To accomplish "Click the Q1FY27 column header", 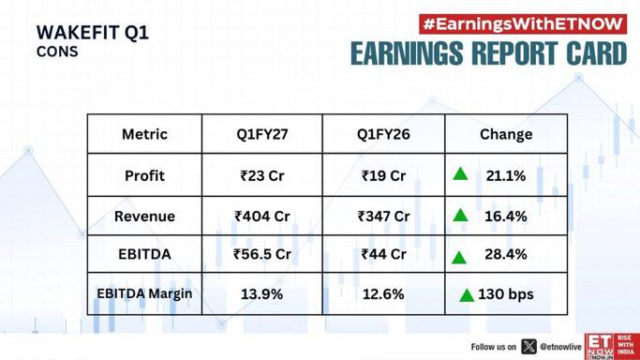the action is pos(262,134).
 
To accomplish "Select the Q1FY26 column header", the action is pos(383,134).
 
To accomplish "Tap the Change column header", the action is pos(506,134).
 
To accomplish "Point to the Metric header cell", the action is pos(144,134).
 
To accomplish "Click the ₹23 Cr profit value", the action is pos(262,176).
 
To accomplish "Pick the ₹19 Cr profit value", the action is pos(383,176).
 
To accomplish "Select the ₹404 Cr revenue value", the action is pos(262,217).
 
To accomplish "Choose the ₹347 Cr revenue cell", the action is pos(383,217).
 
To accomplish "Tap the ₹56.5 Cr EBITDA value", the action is pos(262,254).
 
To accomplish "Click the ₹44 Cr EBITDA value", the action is pos(383,254).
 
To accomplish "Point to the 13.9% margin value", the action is pos(261,294).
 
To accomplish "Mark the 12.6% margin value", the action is pos(383,294).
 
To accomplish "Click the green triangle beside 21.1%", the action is pos(460,174).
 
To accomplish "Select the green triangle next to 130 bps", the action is pos(467,295).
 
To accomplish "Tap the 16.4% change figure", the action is pos(506,217).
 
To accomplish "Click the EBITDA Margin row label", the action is pos(144,293).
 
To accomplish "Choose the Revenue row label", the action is pos(144,217).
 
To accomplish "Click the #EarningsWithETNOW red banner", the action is pos(523,24).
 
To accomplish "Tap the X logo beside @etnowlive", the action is pos(528,347).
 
